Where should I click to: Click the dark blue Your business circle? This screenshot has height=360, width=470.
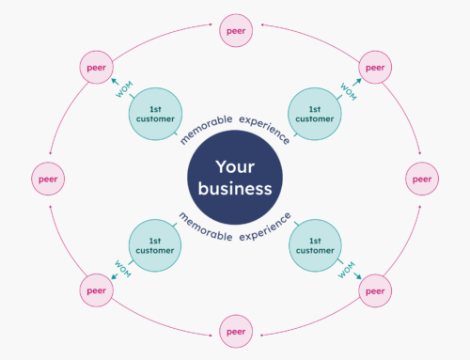pyautogui.click(x=234, y=179)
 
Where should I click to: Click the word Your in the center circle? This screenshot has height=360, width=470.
pyautogui.click(x=234, y=166)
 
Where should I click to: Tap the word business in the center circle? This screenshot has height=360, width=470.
pyautogui.click(x=234, y=189)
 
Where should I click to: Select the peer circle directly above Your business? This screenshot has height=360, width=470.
pyautogui.click(x=235, y=31)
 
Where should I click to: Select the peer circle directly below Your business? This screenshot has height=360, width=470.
pyautogui.click(x=235, y=329)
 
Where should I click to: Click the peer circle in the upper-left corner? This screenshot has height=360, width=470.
pyautogui.click(x=94, y=69)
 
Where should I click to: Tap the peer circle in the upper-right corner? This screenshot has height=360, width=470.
pyautogui.click(x=375, y=69)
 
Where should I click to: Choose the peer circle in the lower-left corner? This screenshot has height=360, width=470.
pyautogui.click(x=94, y=290)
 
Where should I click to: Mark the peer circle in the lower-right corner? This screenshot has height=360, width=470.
pyautogui.click(x=375, y=290)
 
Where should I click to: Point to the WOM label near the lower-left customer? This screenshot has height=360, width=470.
pyautogui.click(x=121, y=268)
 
